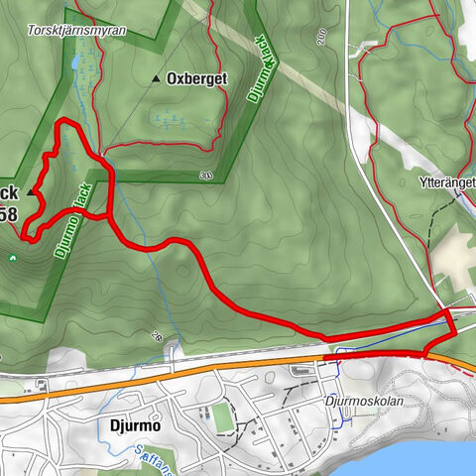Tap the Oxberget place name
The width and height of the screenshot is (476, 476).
click(197, 77)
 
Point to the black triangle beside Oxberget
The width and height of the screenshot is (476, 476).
click(157, 78)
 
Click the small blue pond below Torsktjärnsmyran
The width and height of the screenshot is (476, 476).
click(75, 63)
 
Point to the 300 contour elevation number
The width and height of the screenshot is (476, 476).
click(205, 176)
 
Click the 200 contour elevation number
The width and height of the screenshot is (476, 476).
click(322, 37)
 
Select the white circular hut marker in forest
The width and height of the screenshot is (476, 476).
click(12, 259)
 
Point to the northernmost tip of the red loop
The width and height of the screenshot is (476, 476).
click(65, 121)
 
